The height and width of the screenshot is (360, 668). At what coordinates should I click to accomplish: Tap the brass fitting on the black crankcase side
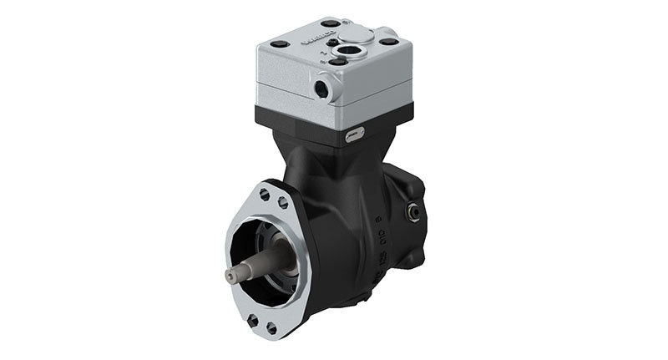412,213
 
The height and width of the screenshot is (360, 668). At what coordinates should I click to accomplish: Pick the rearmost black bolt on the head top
331,23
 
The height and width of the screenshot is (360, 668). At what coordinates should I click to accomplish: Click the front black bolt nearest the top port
337,61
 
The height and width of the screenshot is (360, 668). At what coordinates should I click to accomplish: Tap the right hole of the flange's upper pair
282,201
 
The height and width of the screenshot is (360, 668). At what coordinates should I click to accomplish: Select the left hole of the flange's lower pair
253,319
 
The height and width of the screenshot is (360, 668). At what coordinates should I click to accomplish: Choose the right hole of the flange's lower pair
271,328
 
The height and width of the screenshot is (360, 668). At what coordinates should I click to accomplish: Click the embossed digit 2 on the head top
323,53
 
